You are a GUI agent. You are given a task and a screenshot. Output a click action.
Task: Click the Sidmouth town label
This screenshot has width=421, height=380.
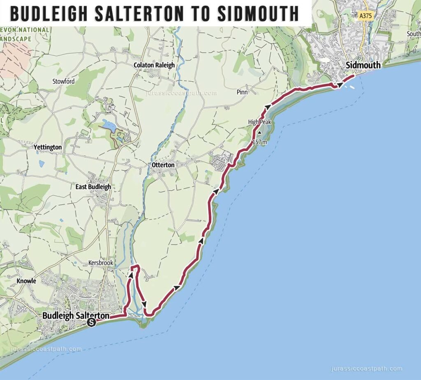point(363,65)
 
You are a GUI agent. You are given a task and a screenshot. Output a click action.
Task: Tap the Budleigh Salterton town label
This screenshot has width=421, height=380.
point(76,316)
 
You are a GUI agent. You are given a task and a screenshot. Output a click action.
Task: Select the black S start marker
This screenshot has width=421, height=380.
point(92,323)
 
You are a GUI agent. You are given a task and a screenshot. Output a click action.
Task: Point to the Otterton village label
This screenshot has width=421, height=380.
point(163,165)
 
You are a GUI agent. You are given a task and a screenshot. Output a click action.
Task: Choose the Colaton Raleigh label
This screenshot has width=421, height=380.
point(154,65)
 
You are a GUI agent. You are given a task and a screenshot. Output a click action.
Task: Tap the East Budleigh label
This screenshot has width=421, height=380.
point(93,187)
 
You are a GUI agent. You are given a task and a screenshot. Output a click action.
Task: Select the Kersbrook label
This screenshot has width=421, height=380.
point(101,262)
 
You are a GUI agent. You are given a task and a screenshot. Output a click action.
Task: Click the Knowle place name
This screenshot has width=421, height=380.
point(26,281)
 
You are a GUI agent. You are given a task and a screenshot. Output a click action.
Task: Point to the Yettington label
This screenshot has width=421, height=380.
point(48,147)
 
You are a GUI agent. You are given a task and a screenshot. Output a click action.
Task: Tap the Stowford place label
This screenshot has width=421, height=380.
point(64,82)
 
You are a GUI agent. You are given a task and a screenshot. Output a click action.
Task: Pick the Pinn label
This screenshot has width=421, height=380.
point(242,92)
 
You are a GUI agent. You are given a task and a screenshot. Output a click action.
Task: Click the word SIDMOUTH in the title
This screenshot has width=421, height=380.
point(258,14)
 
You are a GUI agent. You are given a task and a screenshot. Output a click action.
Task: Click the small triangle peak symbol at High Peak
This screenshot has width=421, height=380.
point(259,133)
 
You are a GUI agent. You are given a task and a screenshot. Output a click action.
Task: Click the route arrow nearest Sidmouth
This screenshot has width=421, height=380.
point(340,85)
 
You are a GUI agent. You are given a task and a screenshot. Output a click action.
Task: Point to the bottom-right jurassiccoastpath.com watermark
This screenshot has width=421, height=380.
point(366,369)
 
